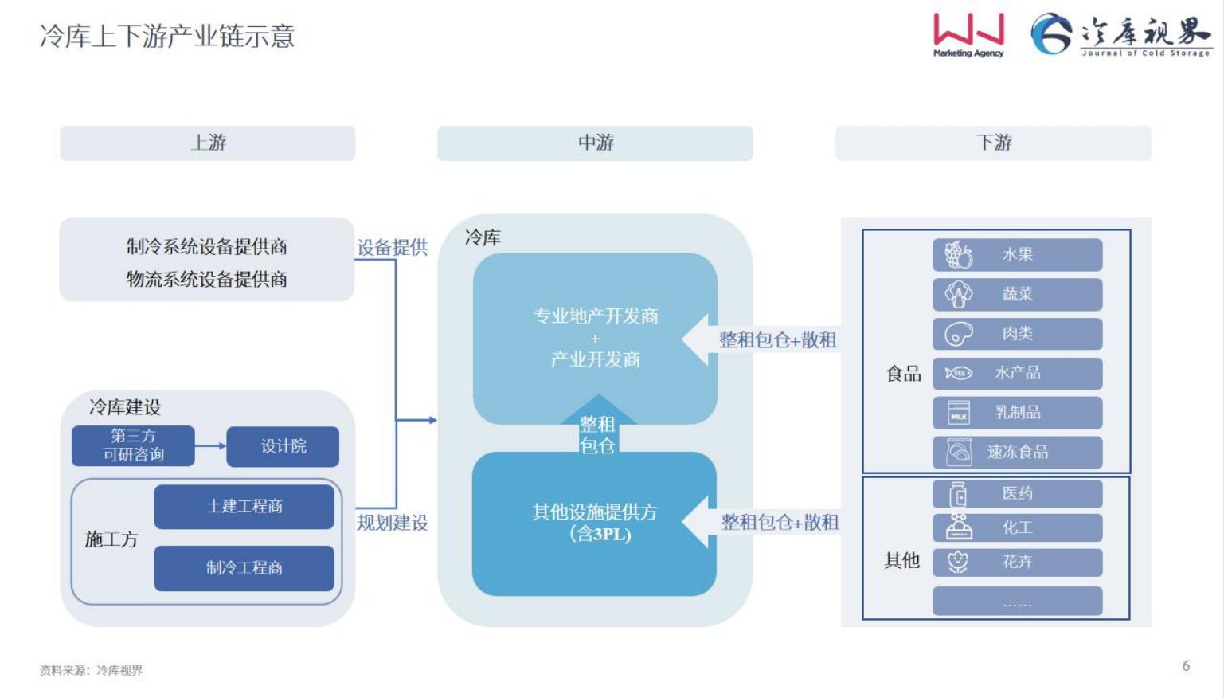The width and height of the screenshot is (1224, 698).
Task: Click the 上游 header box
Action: click(208, 143)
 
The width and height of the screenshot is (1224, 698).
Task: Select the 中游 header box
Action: click(595, 143)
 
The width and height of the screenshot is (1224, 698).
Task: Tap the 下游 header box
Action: click(993, 143)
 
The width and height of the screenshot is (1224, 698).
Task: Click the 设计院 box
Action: click(283, 446)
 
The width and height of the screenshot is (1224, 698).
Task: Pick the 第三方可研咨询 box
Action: click(133, 446)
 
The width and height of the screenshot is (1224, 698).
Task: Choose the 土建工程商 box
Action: click(244, 507)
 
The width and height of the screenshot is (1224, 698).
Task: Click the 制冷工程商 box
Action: click(244, 568)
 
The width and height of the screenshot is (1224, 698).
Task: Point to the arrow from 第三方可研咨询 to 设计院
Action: click(210, 446)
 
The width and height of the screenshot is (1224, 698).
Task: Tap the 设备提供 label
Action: click(392, 248)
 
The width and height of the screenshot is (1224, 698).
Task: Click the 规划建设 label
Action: click(392, 523)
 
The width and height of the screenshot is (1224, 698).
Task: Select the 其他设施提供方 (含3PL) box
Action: click(594, 523)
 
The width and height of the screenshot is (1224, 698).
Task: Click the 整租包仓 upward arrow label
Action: click(597, 435)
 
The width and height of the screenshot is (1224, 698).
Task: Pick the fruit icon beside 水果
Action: click(958, 255)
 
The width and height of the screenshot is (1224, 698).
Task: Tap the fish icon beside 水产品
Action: click(958, 373)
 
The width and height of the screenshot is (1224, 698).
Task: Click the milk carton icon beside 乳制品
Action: click(958, 413)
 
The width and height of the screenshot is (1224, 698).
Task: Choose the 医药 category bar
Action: click(1017, 494)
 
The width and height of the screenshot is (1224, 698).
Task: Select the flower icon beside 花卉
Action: click(958, 562)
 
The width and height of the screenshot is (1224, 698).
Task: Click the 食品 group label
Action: click(903, 374)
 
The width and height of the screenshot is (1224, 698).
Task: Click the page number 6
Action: click(1186, 666)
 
